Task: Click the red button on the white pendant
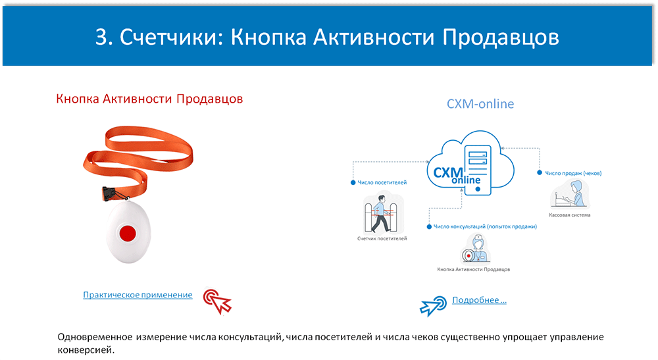[128, 233]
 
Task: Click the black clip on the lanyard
[110, 193]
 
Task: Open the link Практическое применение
[138, 295]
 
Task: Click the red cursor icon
[217, 300]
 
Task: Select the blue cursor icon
[433, 306]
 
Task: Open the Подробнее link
[479, 300]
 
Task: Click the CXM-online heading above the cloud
[480, 103]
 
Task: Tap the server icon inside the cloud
[478, 170]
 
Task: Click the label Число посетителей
[382, 182]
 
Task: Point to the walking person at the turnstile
[381, 213]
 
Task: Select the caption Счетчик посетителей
[382, 238]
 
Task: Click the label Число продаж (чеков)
[573, 173]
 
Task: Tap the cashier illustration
[570, 194]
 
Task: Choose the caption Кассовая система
[569, 215]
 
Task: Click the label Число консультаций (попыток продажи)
[485, 226]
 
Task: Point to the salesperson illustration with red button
[476, 249]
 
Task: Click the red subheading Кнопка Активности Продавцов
[149, 99]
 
